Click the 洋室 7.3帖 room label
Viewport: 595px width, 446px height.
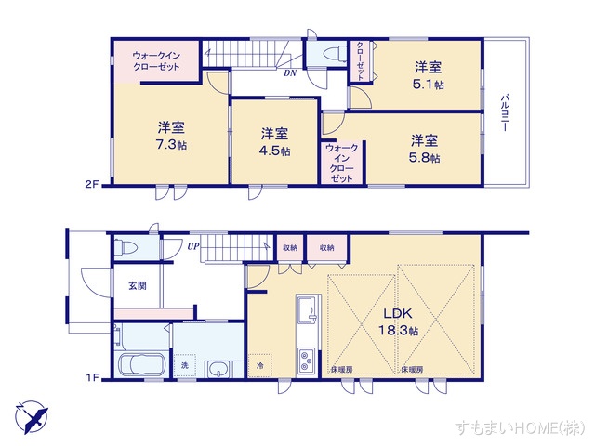click(x=169, y=135)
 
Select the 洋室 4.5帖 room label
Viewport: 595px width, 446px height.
click(x=274, y=141)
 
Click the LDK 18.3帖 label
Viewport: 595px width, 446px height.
click(x=399, y=321)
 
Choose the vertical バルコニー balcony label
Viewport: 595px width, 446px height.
click(x=505, y=112)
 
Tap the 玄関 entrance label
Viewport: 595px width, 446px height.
click(x=137, y=285)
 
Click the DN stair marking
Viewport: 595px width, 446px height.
click(x=290, y=73)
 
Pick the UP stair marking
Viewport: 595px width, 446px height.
click(x=192, y=246)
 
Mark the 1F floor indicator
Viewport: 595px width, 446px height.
click(x=93, y=377)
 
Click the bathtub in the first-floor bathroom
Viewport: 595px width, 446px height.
click(x=141, y=363)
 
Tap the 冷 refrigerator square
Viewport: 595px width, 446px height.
click(x=260, y=366)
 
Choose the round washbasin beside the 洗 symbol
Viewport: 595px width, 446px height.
click(x=219, y=369)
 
